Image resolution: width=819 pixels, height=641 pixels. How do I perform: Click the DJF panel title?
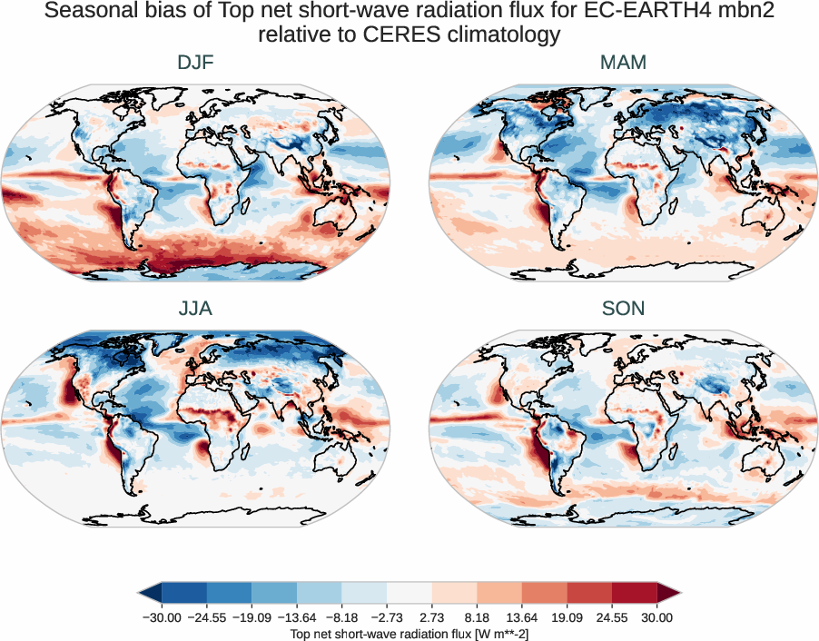click(195, 63)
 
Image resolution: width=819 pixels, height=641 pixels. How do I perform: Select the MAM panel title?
click(623, 63)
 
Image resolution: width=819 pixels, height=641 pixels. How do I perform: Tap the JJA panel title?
click(195, 309)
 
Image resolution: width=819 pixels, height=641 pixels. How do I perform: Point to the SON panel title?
click(623, 309)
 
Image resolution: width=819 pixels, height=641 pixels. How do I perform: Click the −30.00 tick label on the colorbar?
click(163, 617)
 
